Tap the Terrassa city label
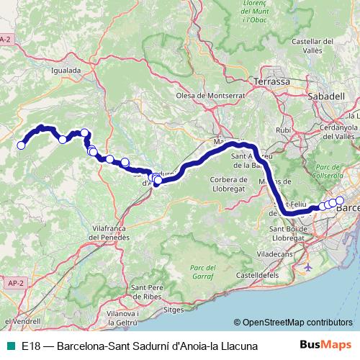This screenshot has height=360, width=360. [274, 82]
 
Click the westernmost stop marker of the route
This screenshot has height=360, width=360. [21, 145]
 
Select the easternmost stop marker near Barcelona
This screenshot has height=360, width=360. [340, 200]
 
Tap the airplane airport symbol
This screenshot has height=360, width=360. [309, 247]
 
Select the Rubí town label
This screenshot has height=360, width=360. [283, 130]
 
